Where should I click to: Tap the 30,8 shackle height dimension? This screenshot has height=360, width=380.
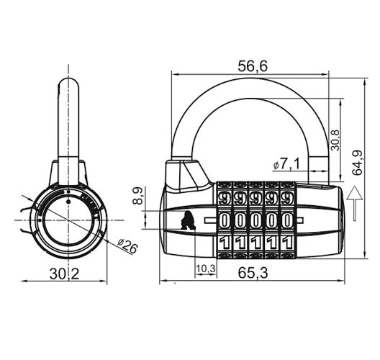335,138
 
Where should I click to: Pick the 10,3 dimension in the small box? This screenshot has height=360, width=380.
205,268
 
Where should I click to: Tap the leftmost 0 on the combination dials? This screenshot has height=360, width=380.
224,219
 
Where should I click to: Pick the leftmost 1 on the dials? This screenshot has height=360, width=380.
224,242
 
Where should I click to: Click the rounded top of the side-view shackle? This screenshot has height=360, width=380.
69,84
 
